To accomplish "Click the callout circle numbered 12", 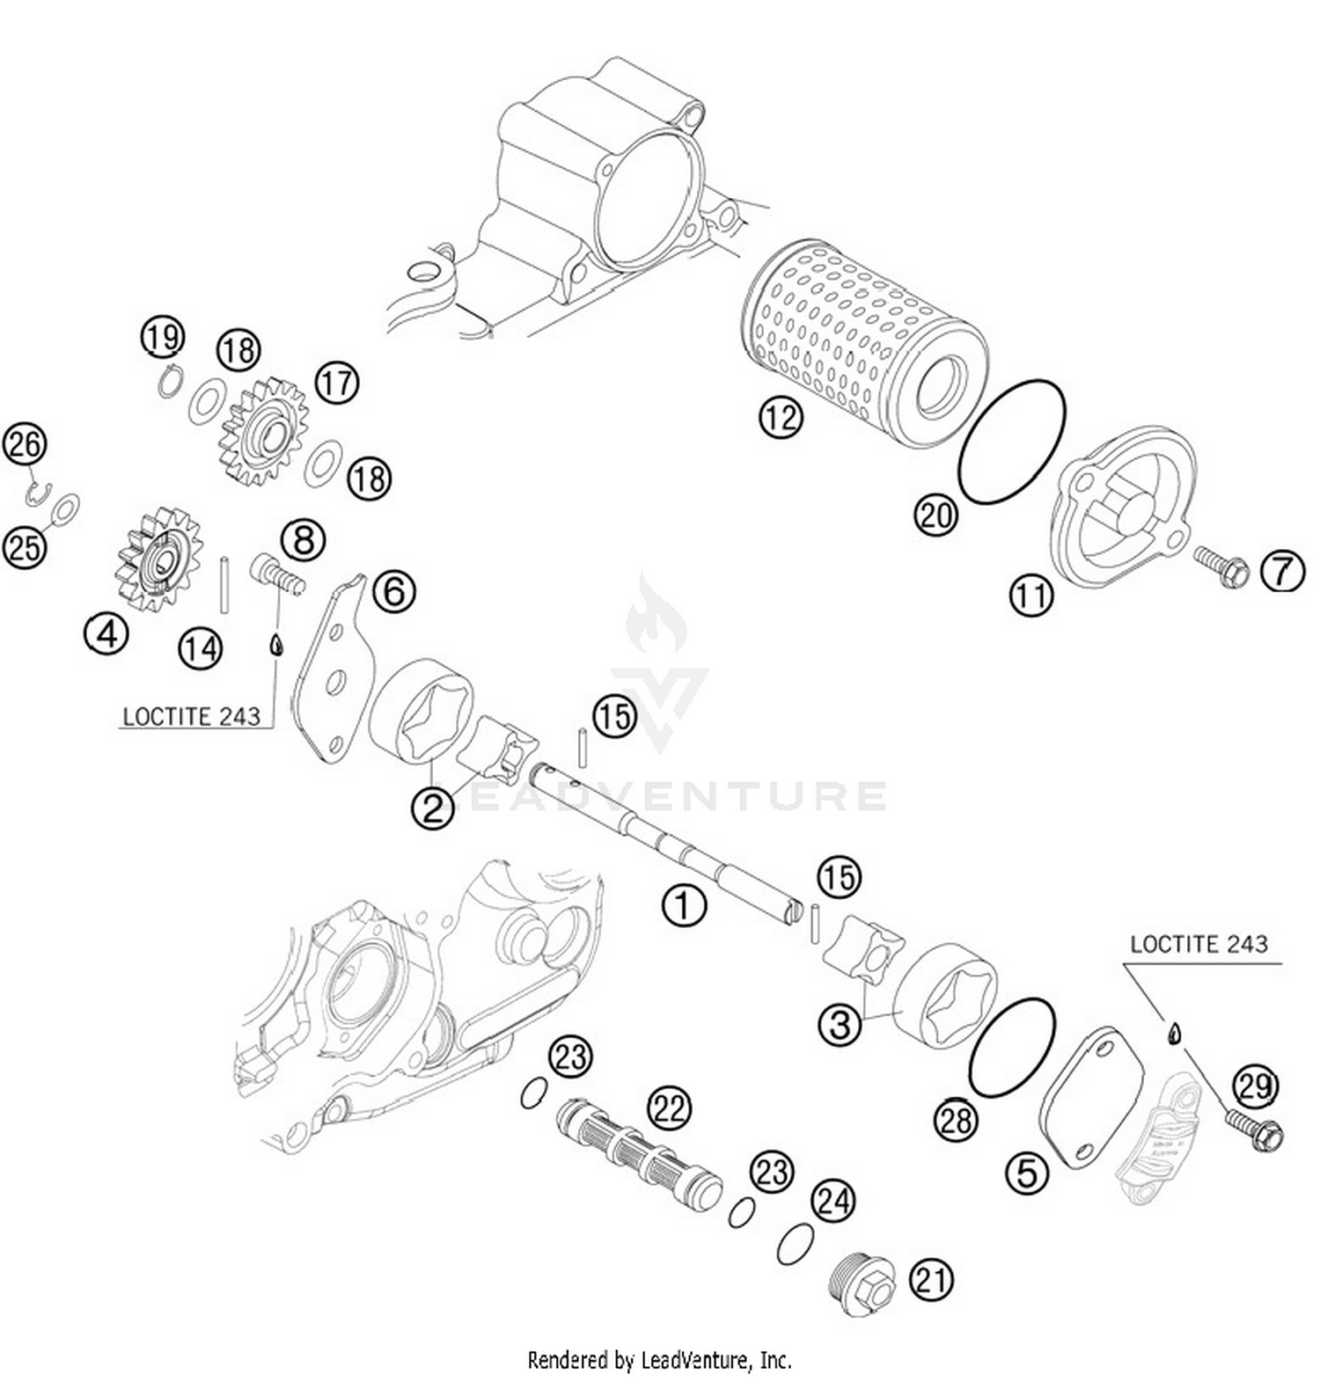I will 781,417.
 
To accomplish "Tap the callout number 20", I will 935,514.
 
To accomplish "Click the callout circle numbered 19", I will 164,336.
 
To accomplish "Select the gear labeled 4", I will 156,561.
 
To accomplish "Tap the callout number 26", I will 25,444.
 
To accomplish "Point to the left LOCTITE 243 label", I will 191,716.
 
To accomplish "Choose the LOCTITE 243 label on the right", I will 1199,945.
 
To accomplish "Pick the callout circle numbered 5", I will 1027,1173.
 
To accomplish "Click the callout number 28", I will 957,1119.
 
